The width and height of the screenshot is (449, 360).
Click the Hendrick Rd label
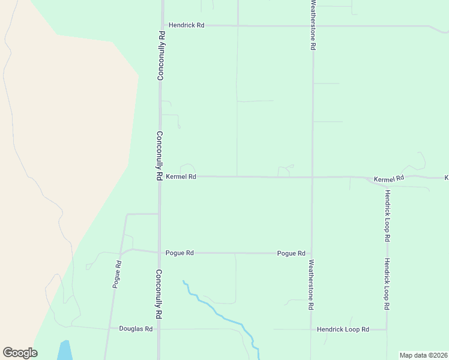click(187, 26)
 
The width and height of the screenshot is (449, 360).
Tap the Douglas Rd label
click(136, 329)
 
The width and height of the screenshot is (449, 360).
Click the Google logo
click(20, 353)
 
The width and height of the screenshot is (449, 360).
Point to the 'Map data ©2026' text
click(423, 355)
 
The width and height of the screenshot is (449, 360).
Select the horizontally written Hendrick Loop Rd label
click(343, 329)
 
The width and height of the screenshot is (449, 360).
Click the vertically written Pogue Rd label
click(117, 274)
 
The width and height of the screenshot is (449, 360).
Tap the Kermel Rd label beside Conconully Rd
click(181, 176)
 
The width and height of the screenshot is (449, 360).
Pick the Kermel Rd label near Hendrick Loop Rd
click(389, 179)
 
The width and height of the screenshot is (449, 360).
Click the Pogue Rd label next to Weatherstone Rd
click(291, 253)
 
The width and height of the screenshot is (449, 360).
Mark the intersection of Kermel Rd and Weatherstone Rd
click(312, 177)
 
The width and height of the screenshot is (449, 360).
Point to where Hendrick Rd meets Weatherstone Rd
click(313, 26)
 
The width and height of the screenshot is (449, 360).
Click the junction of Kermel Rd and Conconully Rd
click(160, 176)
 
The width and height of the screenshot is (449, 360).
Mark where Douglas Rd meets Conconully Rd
click(159, 329)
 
